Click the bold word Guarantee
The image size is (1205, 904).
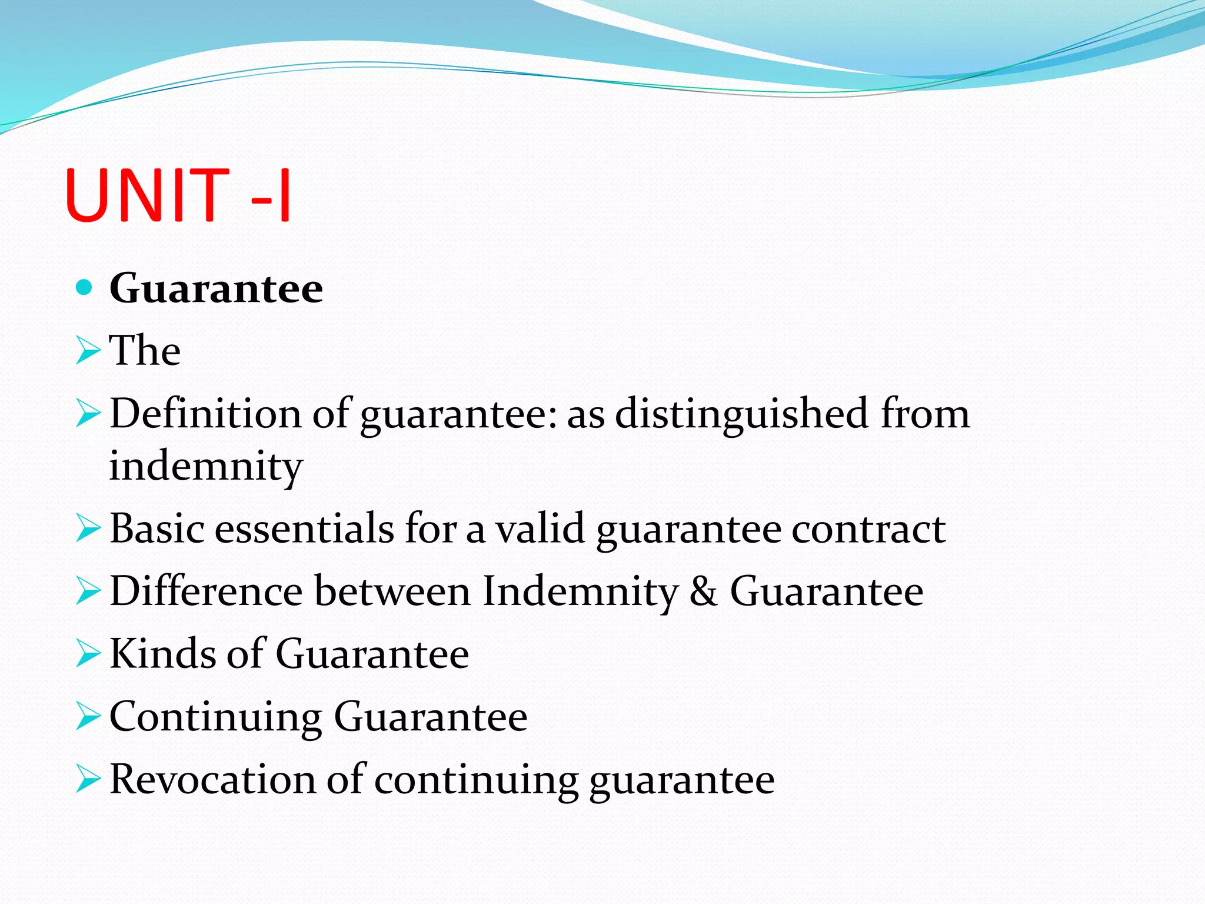point(216,288)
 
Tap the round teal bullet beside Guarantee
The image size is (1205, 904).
point(85,287)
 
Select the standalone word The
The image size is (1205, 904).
point(145,350)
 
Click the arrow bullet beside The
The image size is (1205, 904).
point(88,351)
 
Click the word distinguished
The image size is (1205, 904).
point(742,413)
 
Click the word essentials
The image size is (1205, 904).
point(304,529)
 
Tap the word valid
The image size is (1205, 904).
point(540,529)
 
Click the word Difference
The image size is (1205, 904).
point(207,591)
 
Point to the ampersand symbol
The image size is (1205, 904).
point(704,591)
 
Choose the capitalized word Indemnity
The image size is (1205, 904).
point(580,591)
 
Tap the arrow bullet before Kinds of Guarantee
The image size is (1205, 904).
point(88,654)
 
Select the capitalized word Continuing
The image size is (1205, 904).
point(215,717)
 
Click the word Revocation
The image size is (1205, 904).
point(212,779)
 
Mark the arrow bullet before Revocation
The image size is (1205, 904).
point(88,780)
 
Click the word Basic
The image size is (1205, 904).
point(157,529)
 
